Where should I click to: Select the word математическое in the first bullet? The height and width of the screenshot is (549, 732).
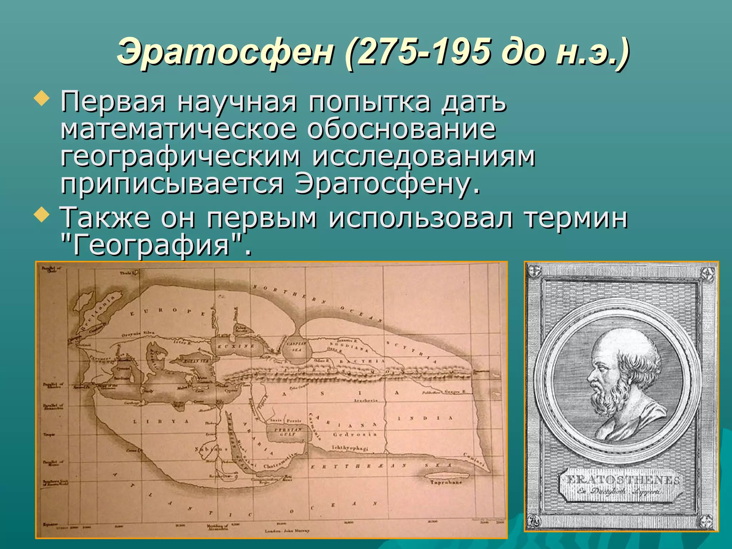pyautogui.click(x=179, y=129)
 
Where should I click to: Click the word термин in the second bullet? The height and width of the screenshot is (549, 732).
pyautogui.click(x=576, y=218)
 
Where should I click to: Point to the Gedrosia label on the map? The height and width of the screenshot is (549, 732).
pyautogui.click(x=355, y=434)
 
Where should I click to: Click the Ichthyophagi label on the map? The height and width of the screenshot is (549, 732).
pyautogui.click(x=350, y=448)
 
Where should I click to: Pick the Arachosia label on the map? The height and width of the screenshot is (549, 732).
pyautogui.click(x=366, y=401)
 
